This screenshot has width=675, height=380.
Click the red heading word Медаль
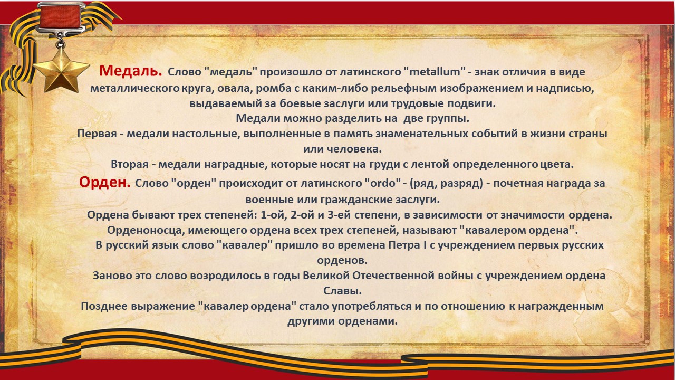tap(130, 71)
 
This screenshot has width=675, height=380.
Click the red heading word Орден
tap(104, 183)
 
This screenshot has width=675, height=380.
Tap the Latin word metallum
tap(435, 72)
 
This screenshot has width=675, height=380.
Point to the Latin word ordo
tap(383, 183)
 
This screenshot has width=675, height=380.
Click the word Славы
tap(342, 291)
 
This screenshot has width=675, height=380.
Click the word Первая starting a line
tap(97, 134)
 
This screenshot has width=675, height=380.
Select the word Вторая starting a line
tap(130, 164)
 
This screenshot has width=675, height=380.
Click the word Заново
tap(112, 275)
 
